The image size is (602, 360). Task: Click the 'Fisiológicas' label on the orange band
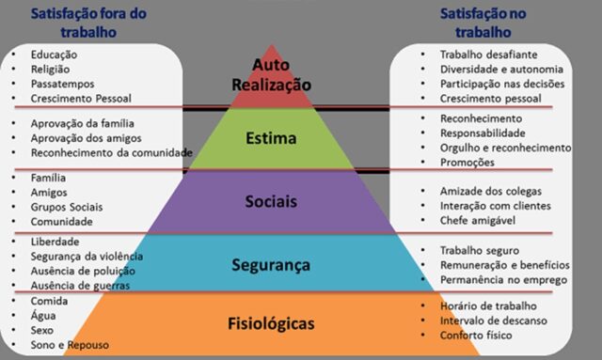click(x=271, y=324)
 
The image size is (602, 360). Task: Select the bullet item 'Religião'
click(x=52, y=69)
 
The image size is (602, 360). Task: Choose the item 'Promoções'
click(x=467, y=162)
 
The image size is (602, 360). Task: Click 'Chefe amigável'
click(x=480, y=220)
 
